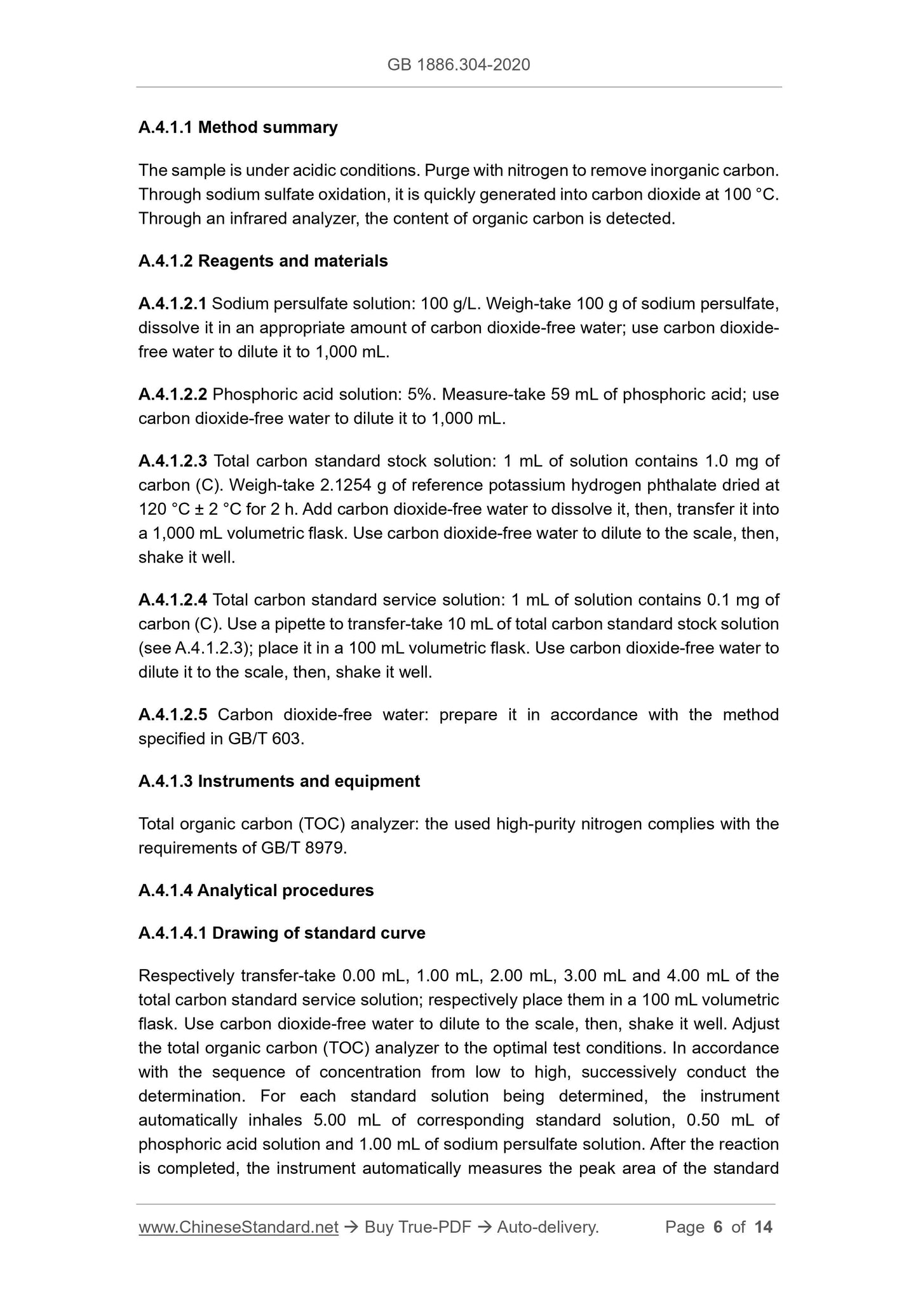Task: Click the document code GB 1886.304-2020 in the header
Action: point(458,65)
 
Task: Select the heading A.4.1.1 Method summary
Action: point(238,128)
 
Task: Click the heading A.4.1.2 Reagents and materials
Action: point(263,261)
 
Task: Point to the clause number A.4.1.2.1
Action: point(172,304)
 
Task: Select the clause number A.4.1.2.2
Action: point(172,395)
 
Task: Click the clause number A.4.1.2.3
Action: point(172,461)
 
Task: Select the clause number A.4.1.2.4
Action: point(172,600)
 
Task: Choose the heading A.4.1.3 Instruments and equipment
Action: point(279,781)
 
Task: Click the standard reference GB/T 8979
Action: point(307,848)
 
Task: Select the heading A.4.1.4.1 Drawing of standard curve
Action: point(281,933)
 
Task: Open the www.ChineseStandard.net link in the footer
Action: point(238,1227)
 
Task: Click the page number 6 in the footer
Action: point(718,1227)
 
